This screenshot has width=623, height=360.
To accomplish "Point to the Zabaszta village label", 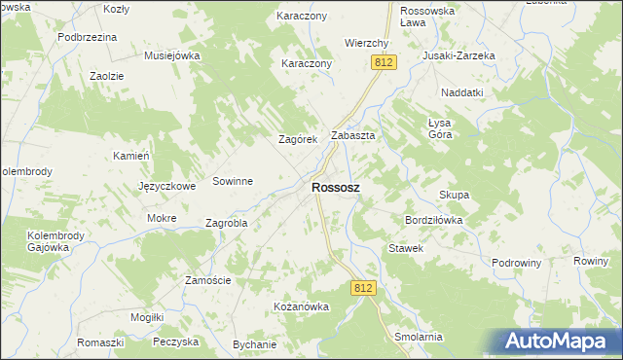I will (x=353, y=136).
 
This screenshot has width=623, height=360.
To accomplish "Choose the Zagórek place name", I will (x=299, y=140).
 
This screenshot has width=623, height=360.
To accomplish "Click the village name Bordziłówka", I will (x=433, y=221).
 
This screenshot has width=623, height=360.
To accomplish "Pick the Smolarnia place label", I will (x=419, y=337).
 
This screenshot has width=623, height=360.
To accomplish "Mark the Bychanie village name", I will (x=255, y=344).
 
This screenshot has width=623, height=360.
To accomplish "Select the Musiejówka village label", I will (x=171, y=55).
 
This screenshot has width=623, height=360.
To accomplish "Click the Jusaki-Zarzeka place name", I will (x=458, y=55).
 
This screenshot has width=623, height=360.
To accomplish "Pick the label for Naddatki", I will (x=461, y=91).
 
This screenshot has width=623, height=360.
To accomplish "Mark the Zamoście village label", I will (x=207, y=280).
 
